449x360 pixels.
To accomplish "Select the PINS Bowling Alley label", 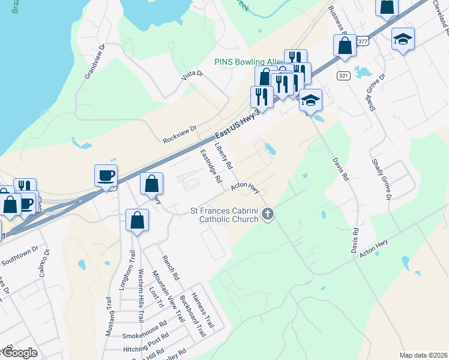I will pyautogui.click(x=248, y=62).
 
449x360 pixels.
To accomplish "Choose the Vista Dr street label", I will pyautogui.click(x=193, y=76).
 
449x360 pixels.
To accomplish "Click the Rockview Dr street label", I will pyautogui.click(x=179, y=134).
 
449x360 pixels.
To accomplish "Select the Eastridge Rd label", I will pyautogui.click(x=211, y=166).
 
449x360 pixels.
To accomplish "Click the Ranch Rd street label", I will pyautogui.click(x=170, y=268).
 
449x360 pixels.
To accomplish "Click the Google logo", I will pyautogui.click(x=20, y=352).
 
